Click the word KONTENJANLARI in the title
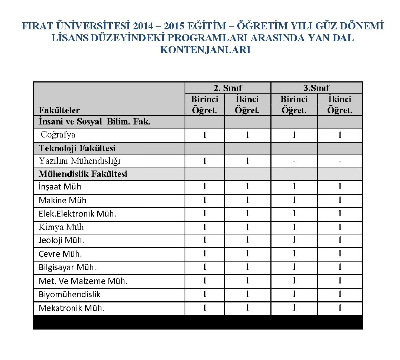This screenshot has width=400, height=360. (205, 50)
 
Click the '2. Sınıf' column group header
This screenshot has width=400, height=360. (228, 88)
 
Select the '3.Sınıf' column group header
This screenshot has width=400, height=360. (316, 88)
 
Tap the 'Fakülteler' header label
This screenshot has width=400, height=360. (59, 110)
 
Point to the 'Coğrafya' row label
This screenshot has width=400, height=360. (58, 134)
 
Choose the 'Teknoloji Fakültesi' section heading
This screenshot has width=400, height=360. (77, 148)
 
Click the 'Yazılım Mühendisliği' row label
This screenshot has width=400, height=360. (79, 161)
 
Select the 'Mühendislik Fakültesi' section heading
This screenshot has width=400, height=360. (83, 174)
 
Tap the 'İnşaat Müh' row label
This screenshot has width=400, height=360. (60, 187)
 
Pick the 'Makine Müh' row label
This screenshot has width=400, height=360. (62, 201)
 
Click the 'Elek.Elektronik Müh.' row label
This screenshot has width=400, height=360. (77, 214)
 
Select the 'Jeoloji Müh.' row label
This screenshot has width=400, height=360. (61, 240)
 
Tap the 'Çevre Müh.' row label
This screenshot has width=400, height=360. (60, 254)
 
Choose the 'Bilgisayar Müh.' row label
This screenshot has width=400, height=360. (67, 267)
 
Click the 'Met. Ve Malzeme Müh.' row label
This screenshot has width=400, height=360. (83, 281)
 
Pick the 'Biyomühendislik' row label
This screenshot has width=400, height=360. (69, 295)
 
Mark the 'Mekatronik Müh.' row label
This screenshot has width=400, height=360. (71, 308)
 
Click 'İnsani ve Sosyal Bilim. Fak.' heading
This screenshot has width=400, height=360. (94, 121)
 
